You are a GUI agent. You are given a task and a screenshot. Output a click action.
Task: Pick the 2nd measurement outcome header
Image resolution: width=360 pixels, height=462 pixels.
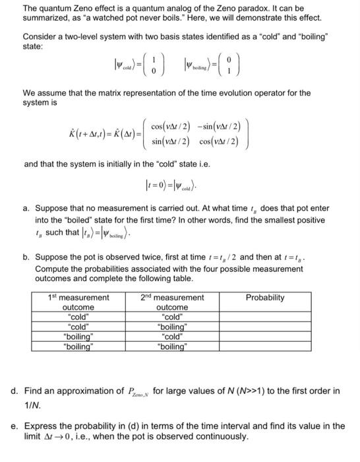click(173, 302)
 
